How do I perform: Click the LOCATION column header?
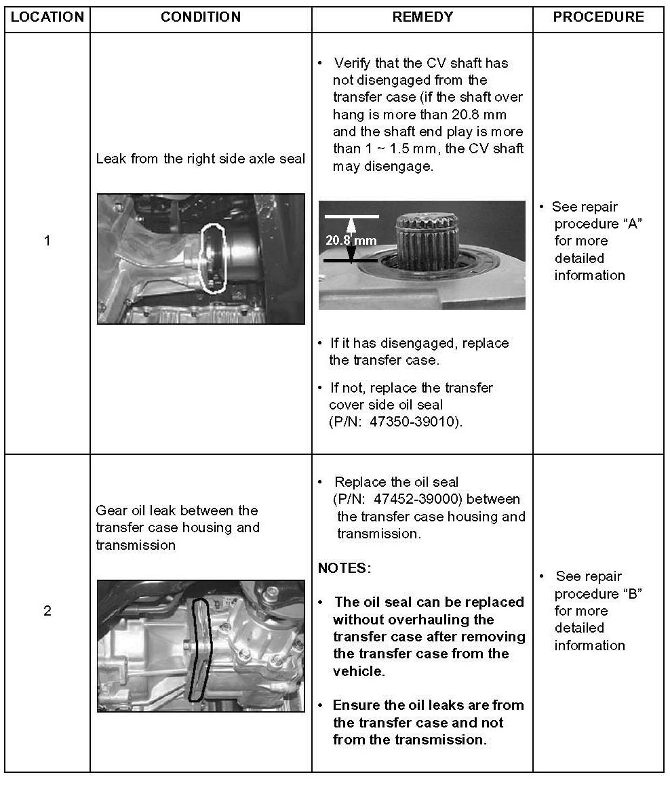click(x=47, y=17)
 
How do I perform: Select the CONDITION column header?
click(x=201, y=17)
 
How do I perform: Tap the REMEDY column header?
click(x=422, y=17)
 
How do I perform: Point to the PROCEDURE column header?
click(x=598, y=17)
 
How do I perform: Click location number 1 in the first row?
click(x=47, y=241)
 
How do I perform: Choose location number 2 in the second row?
click(x=47, y=611)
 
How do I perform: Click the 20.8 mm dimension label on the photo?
click(x=351, y=241)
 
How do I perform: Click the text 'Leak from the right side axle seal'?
click(x=200, y=159)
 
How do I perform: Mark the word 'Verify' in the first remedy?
click(x=351, y=64)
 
